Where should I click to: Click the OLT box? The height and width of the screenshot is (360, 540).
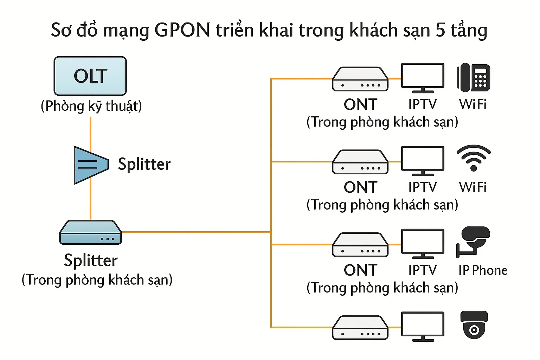point(90,76)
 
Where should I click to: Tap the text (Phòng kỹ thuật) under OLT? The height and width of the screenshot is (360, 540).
point(91,106)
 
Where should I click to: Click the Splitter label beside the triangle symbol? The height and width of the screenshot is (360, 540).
point(144,164)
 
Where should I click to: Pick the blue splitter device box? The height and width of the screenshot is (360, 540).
point(90,233)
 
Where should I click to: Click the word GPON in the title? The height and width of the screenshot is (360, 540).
point(182,30)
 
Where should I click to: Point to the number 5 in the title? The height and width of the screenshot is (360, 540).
point(440,30)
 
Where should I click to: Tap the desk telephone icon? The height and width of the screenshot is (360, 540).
point(473,77)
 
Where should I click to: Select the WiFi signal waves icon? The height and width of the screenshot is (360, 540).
point(474,158)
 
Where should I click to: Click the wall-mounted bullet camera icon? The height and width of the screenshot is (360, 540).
point(473,241)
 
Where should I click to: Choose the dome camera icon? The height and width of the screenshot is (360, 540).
point(474,324)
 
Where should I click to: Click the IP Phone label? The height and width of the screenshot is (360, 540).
point(483,270)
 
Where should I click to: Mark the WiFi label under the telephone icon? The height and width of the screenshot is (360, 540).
point(472,104)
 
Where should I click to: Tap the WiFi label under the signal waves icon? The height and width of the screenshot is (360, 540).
point(472,187)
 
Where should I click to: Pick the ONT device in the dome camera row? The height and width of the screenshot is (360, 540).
point(360,328)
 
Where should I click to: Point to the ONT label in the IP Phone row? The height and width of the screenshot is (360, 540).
point(360,270)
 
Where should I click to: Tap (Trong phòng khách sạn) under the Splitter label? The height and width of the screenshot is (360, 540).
point(97,280)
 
